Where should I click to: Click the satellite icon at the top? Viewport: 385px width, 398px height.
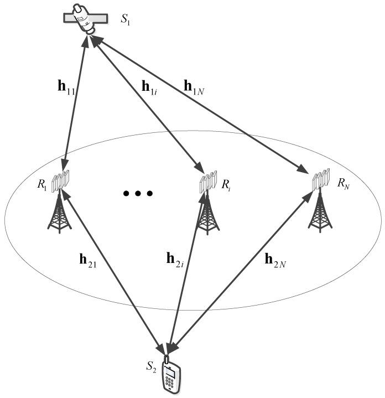84,20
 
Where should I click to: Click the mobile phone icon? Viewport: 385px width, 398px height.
172,377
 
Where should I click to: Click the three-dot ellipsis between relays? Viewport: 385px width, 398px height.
137,194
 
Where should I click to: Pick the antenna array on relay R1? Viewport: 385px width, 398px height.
61,181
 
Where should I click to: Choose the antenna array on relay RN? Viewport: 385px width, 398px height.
321,180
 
